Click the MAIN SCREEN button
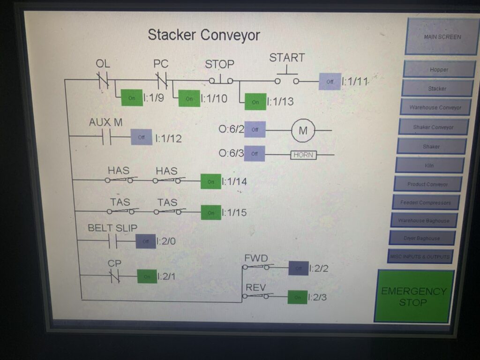[x=442, y=37]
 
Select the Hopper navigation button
[x=439, y=69]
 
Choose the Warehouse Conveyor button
[x=435, y=107]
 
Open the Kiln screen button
[x=430, y=165]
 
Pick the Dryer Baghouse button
[x=422, y=238]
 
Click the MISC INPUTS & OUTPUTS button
[x=420, y=256]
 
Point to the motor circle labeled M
[x=303, y=131]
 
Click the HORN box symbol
[x=303, y=155]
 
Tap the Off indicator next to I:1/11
[x=330, y=82]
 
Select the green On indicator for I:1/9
[x=132, y=98]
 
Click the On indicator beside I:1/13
[x=255, y=102]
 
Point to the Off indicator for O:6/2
[x=255, y=129]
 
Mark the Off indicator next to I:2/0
[x=146, y=241]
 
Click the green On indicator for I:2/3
[x=297, y=297]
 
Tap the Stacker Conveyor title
[x=204, y=35]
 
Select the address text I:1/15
[x=234, y=212]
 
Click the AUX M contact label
[x=106, y=122]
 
